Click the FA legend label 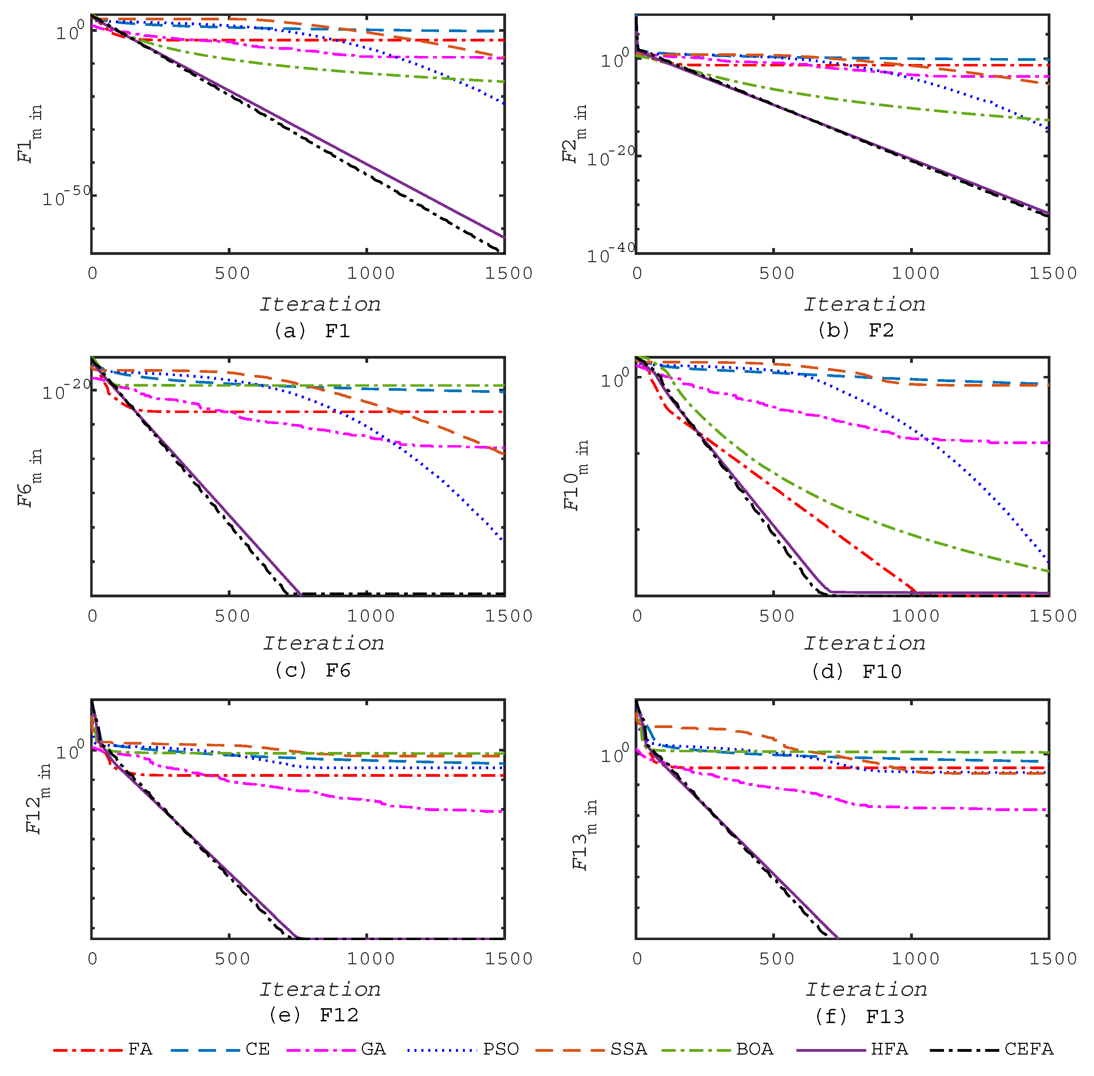tap(140, 1049)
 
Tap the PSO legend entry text tap(501, 1049)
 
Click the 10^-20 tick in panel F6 tap(66, 389)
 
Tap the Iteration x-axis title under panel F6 tap(323, 643)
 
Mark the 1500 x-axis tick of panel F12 tap(508, 959)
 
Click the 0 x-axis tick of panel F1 tap(93, 274)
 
